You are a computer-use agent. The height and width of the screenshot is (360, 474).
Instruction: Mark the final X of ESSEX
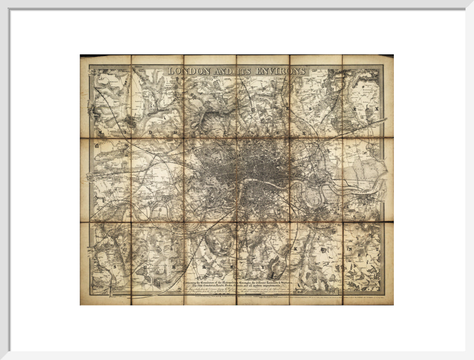click(377, 109)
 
